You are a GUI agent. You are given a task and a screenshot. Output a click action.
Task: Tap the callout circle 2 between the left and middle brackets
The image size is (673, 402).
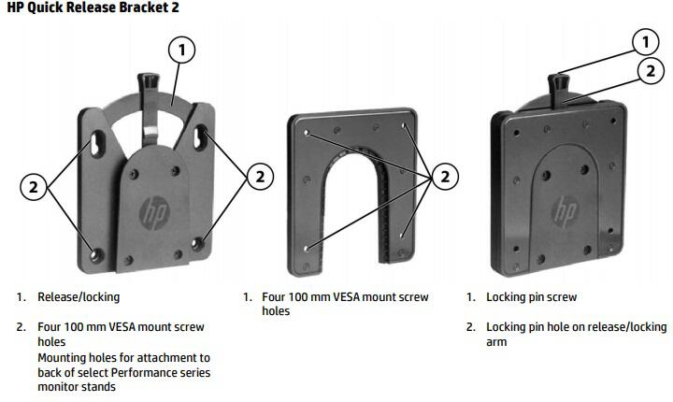coord(259,174)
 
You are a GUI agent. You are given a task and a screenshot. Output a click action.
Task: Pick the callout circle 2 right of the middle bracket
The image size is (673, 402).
coord(445,174)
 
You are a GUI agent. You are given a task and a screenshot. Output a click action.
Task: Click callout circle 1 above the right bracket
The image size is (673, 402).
coord(645,42)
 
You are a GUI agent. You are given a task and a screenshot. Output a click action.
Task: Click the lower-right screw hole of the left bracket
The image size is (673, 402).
coord(196,246)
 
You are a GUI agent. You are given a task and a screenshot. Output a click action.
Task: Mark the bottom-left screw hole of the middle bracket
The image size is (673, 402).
coord(308,248)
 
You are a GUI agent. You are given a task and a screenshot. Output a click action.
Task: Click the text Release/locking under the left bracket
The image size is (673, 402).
coord(79,297)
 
